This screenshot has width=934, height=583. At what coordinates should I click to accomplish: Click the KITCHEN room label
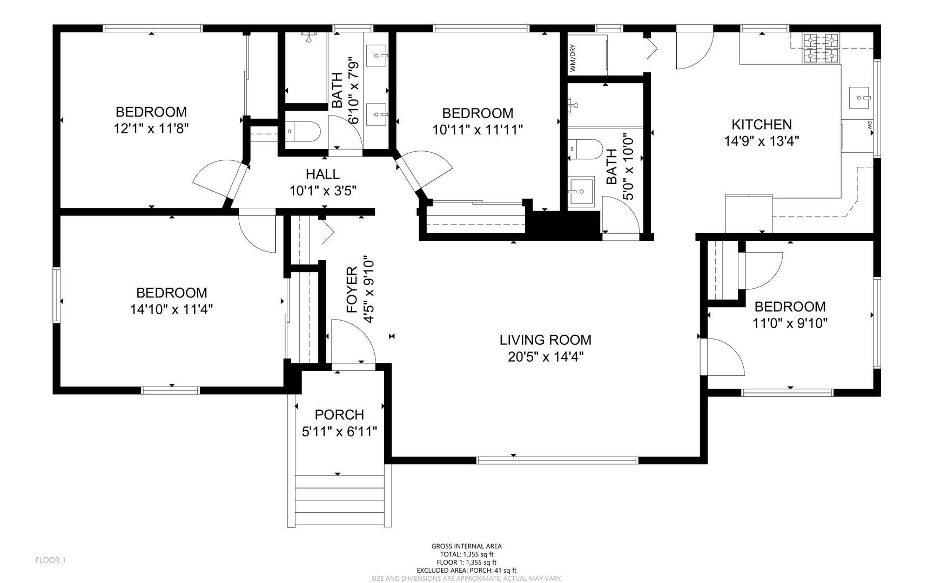click(x=762, y=125)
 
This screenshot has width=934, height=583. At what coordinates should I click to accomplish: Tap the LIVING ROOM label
click(x=546, y=340)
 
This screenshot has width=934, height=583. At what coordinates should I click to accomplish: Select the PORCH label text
click(x=339, y=415)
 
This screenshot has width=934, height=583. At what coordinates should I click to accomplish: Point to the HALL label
click(x=322, y=174)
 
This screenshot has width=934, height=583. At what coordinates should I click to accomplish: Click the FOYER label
click(x=352, y=290)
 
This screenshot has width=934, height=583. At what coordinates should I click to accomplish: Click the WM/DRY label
click(x=573, y=58)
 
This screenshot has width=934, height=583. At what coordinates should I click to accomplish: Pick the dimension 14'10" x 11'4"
click(x=172, y=309)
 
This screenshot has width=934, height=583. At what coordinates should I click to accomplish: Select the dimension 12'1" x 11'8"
click(x=151, y=128)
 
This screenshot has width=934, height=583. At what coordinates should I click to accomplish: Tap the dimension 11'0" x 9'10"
click(x=790, y=323)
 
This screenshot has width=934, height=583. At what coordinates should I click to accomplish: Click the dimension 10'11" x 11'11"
click(x=478, y=130)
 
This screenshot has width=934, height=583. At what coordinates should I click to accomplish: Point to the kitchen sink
click(x=860, y=98)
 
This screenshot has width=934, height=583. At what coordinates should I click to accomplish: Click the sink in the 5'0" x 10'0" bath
click(x=581, y=191)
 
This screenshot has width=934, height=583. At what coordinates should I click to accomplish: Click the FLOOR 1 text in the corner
click(x=50, y=560)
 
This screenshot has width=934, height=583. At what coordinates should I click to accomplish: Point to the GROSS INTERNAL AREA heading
click(x=467, y=546)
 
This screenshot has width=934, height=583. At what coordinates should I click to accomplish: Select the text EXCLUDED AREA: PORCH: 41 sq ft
click(x=467, y=570)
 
